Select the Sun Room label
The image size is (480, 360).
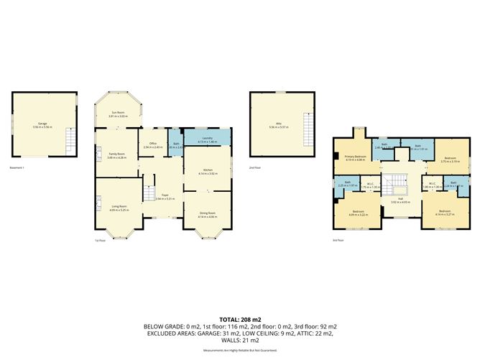pyautogui.click(x=118, y=114)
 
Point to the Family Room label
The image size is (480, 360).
pyautogui.click(x=117, y=154)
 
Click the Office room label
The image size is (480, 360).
pyautogui.click(x=152, y=145)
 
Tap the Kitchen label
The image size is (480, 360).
pyautogui.click(x=207, y=171)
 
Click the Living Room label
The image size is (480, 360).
pyautogui.click(x=119, y=208)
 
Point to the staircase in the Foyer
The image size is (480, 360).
pyautogui.click(x=149, y=194)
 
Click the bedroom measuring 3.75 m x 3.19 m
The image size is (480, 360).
pyautogui.click(x=451, y=160)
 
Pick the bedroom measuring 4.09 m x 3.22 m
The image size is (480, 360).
pyautogui.click(x=357, y=213)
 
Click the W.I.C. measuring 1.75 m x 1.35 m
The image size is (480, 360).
pyautogui.click(x=370, y=185)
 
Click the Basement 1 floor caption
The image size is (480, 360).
pyautogui.click(x=18, y=168)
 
